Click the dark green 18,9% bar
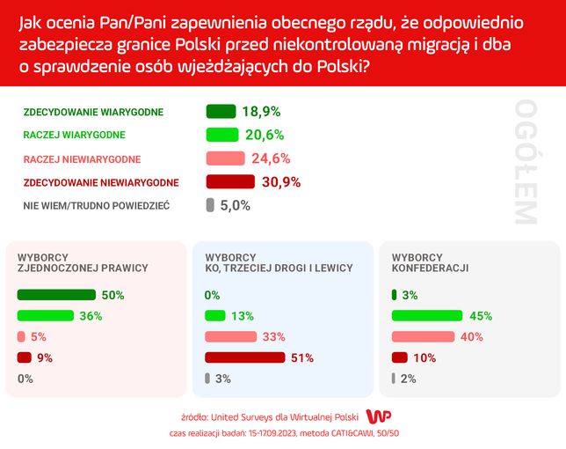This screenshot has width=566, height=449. (x=221, y=112)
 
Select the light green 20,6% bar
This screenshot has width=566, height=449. (x=222, y=135)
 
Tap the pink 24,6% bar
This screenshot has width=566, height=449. (x=225, y=158)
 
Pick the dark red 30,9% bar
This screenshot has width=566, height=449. (x=229, y=182)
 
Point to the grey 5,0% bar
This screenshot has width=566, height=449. (x=209, y=205)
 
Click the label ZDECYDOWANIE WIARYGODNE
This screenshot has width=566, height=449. (x=99, y=112)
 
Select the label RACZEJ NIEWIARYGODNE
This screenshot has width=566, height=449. (x=83, y=158)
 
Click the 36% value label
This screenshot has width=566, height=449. (x=91, y=316)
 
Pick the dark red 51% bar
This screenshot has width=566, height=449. (x=245, y=357)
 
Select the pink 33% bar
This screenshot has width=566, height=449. (x=230, y=336)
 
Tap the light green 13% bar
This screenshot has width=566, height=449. (x=214, y=315)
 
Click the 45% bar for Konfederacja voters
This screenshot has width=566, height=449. (x=427, y=315)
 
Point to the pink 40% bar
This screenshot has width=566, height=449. (x=424, y=336)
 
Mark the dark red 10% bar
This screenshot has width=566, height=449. (x=400, y=357)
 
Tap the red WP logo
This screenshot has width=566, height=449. (x=378, y=416)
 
